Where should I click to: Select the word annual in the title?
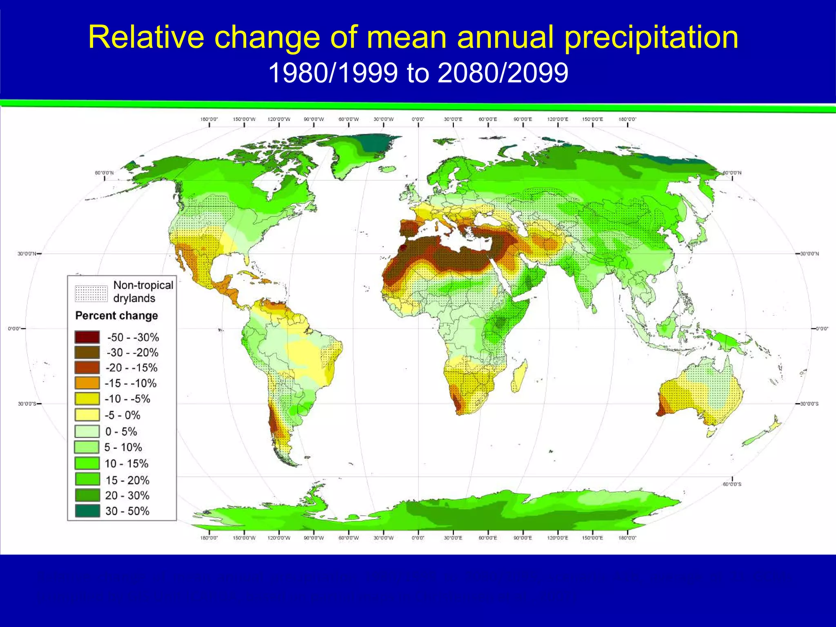click(x=506, y=38)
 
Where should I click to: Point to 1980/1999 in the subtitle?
click(x=333, y=73)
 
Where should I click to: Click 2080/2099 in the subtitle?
click(x=502, y=73)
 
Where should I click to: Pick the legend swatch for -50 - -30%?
click(x=87, y=337)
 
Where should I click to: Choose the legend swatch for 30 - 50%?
click(x=87, y=511)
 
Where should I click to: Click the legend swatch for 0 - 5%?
click(x=87, y=431)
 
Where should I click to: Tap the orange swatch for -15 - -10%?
click(x=87, y=383)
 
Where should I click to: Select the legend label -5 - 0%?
click(x=122, y=415)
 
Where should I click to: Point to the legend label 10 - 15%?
click(x=126, y=464)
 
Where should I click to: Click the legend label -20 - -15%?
click(x=131, y=368)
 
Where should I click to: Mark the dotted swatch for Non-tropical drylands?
click(x=91, y=293)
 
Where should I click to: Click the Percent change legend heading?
click(x=117, y=316)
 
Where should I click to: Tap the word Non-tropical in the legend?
click(x=143, y=285)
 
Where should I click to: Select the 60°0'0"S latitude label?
click(x=732, y=484)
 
